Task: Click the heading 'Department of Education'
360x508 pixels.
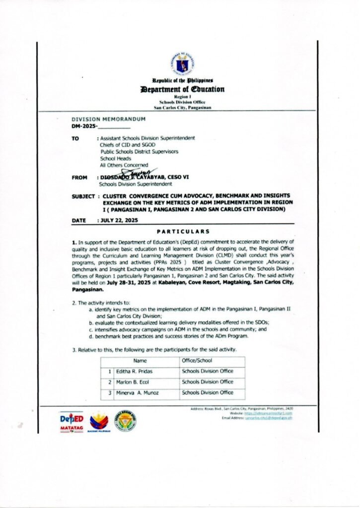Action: coord(183,89)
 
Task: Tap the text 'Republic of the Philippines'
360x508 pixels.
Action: coord(183,80)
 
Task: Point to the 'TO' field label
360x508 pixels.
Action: coord(75,138)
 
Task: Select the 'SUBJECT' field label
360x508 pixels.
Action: coord(83,197)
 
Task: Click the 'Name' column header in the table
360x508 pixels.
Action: coord(140,361)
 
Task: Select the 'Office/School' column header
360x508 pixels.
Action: coord(197,361)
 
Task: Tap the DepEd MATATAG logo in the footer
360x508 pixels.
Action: coord(72,421)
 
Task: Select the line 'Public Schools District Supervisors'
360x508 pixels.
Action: coord(139,151)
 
